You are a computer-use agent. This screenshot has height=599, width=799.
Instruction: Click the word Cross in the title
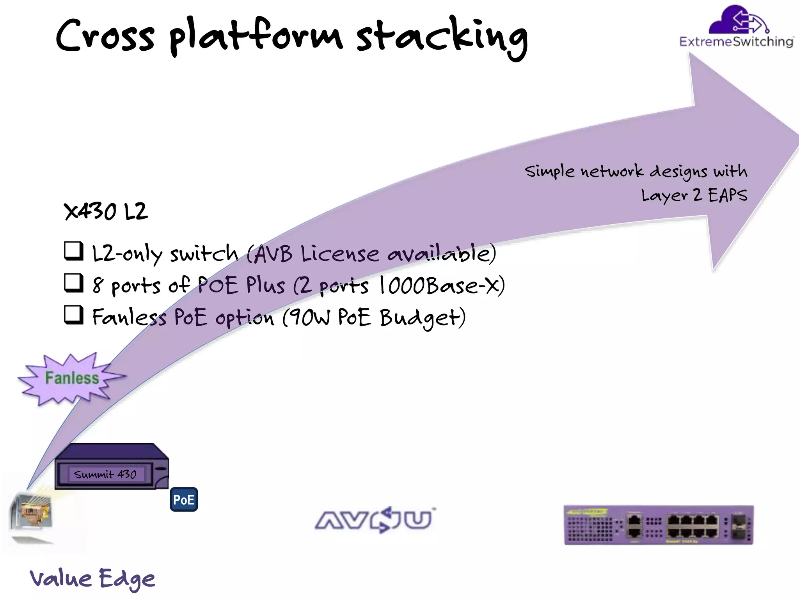(x=105, y=36)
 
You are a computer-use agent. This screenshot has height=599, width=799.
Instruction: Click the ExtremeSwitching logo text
(x=736, y=42)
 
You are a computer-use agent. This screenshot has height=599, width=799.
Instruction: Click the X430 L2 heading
(x=106, y=212)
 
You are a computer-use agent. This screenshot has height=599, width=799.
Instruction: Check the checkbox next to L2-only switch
(x=74, y=251)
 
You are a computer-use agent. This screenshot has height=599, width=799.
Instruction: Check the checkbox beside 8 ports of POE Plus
(x=74, y=283)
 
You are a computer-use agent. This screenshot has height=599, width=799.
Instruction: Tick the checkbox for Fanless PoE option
(x=74, y=315)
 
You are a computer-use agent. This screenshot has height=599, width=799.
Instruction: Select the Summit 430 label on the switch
(x=105, y=474)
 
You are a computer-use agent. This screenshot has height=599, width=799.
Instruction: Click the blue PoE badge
(x=184, y=500)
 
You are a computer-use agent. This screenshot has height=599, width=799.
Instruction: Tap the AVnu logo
(x=375, y=520)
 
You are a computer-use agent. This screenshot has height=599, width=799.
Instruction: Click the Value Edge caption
(x=92, y=579)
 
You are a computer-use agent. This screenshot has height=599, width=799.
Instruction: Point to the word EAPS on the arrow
(x=727, y=195)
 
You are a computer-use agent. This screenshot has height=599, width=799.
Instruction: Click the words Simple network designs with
(x=636, y=171)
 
